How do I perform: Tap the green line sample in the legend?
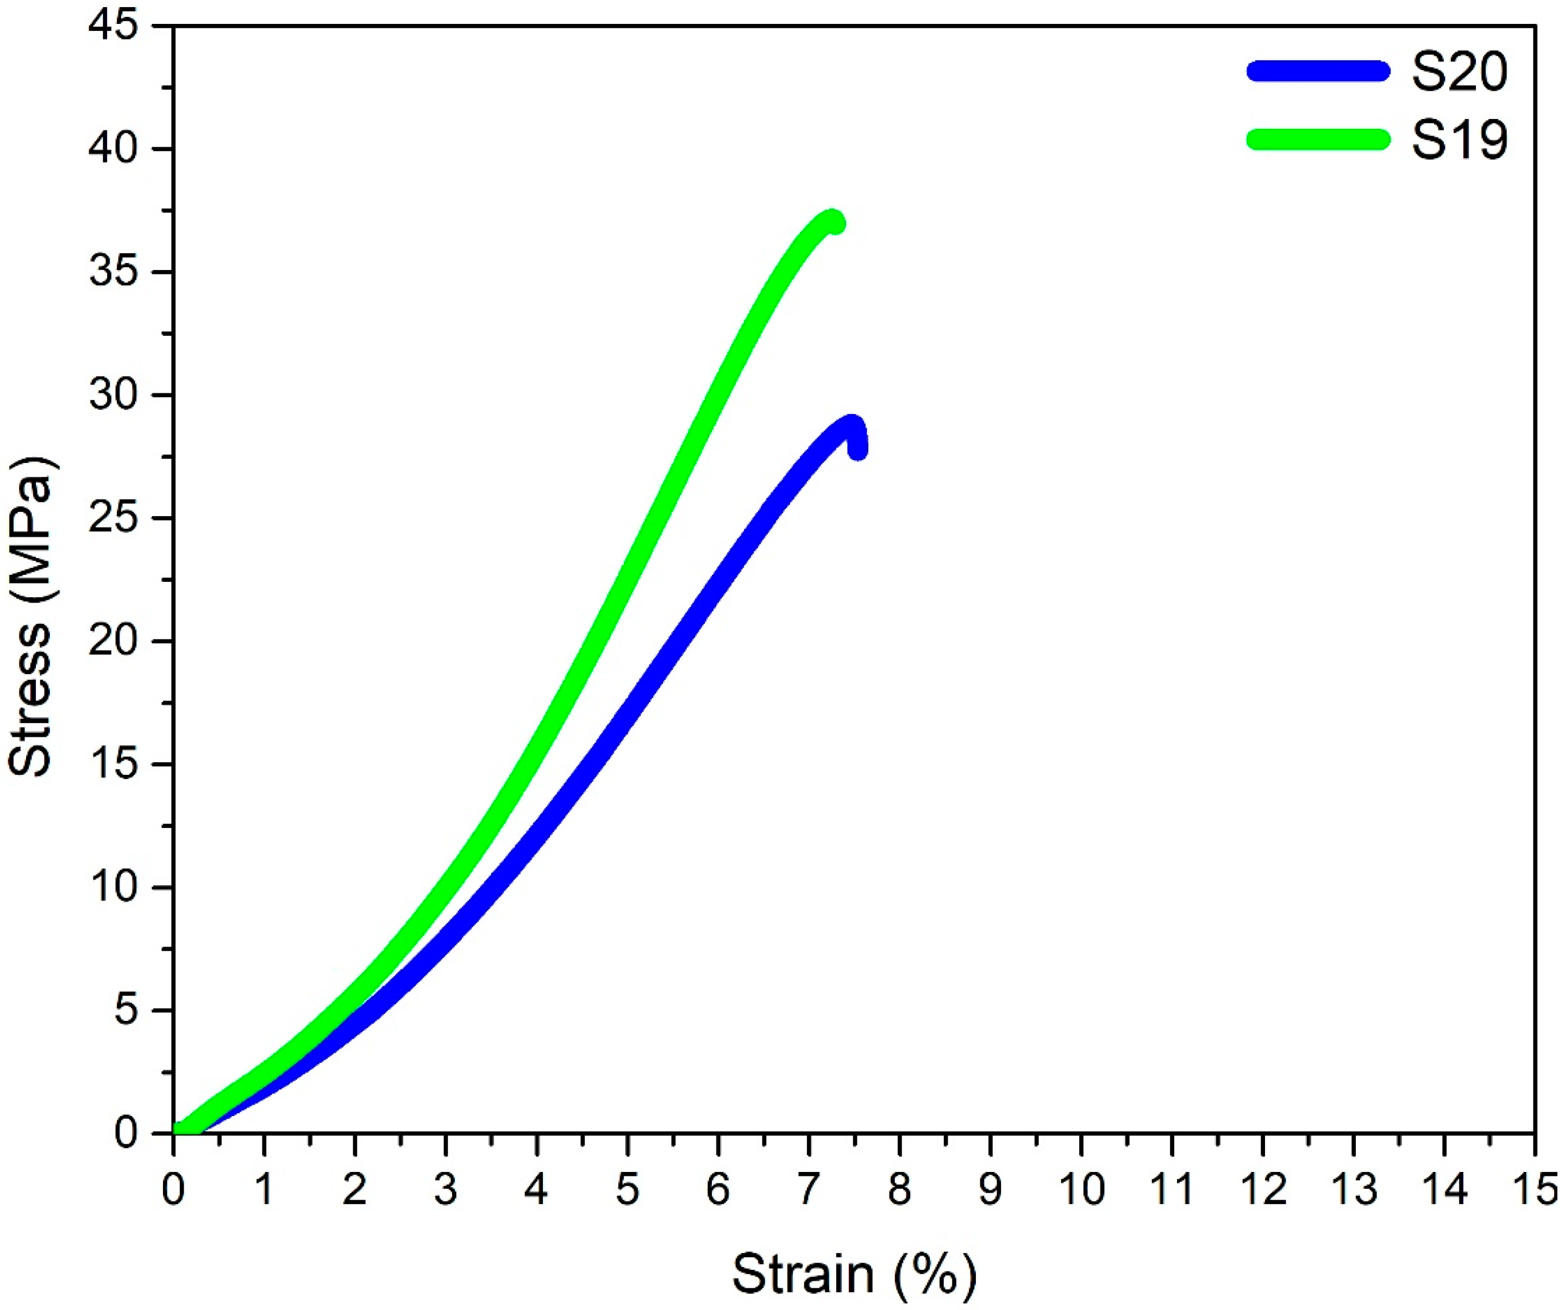point(1318,139)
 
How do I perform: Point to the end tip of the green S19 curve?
point(835,222)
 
